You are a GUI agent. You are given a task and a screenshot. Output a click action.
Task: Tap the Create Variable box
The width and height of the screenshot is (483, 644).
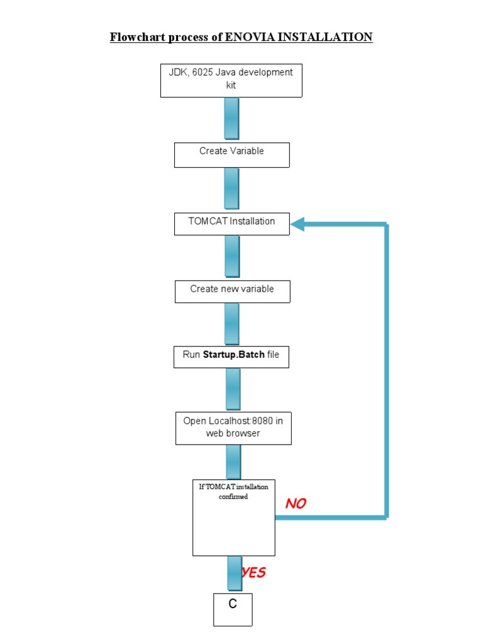click(x=231, y=155)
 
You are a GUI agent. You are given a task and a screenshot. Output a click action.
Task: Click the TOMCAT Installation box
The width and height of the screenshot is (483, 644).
click(x=231, y=224)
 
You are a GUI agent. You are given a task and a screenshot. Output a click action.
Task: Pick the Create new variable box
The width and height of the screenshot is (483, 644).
click(x=232, y=291)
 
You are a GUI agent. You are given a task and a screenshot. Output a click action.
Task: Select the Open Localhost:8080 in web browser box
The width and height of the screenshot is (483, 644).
click(x=233, y=428)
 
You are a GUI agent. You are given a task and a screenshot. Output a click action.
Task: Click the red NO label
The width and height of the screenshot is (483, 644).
click(x=296, y=504)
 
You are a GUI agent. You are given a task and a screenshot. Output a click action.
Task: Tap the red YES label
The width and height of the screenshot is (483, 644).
click(x=254, y=573)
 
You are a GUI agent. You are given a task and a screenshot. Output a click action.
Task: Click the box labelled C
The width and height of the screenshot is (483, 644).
click(x=233, y=609)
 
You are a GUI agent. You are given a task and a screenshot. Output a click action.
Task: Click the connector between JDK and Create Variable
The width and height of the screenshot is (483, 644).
click(x=231, y=119)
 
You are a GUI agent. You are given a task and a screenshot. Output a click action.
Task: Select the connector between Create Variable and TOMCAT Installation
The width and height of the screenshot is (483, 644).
click(x=231, y=189)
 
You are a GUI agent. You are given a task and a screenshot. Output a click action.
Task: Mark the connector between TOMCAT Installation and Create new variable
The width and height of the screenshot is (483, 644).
click(x=231, y=257)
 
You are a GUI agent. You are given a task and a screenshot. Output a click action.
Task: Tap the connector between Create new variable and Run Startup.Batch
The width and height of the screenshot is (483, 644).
click(x=231, y=324)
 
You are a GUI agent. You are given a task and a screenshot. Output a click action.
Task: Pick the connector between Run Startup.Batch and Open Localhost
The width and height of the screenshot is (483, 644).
click(x=232, y=389)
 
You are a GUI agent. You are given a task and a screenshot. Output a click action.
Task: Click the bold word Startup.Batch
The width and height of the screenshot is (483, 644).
click(x=233, y=355)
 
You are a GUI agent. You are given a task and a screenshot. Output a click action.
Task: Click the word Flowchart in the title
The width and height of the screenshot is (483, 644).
click(x=135, y=37)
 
